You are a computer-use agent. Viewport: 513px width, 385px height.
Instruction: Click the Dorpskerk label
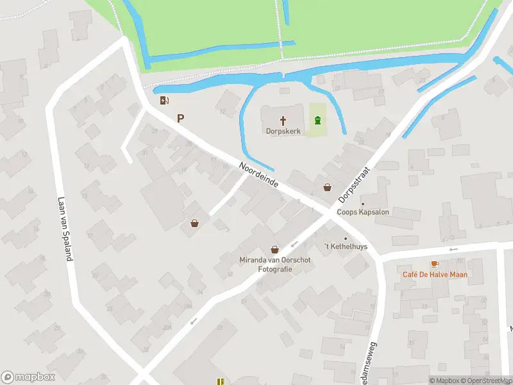click(x=283, y=131)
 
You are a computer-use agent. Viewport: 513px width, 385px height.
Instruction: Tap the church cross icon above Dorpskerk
click(x=283, y=120)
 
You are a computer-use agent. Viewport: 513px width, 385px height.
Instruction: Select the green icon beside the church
click(x=317, y=120)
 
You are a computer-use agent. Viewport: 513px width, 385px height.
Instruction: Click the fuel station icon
click(x=164, y=100)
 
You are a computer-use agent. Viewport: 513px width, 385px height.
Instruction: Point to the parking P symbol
click(x=181, y=118)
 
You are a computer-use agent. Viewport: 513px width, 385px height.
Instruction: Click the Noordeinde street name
click(x=259, y=174)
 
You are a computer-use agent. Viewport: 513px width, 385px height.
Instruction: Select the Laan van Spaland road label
click(x=65, y=228)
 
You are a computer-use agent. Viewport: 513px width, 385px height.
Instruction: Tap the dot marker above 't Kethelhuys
click(x=346, y=239)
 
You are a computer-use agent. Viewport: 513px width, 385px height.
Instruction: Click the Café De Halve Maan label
click(x=435, y=275)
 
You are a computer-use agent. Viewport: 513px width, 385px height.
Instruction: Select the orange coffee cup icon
click(x=435, y=264)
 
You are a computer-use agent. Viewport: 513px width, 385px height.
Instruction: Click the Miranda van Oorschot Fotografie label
click(x=275, y=264)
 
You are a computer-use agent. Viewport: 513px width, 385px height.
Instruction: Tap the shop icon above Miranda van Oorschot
click(x=275, y=250)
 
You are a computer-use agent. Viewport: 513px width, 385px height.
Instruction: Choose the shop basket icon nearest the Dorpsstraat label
click(x=328, y=187)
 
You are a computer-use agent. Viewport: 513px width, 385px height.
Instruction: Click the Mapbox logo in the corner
click(x=28, y=377)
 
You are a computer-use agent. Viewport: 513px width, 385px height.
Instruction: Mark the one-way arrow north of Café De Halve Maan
click(x=453, y=250)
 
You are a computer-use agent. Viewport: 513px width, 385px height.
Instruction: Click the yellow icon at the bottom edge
click(x=221, y=381)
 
